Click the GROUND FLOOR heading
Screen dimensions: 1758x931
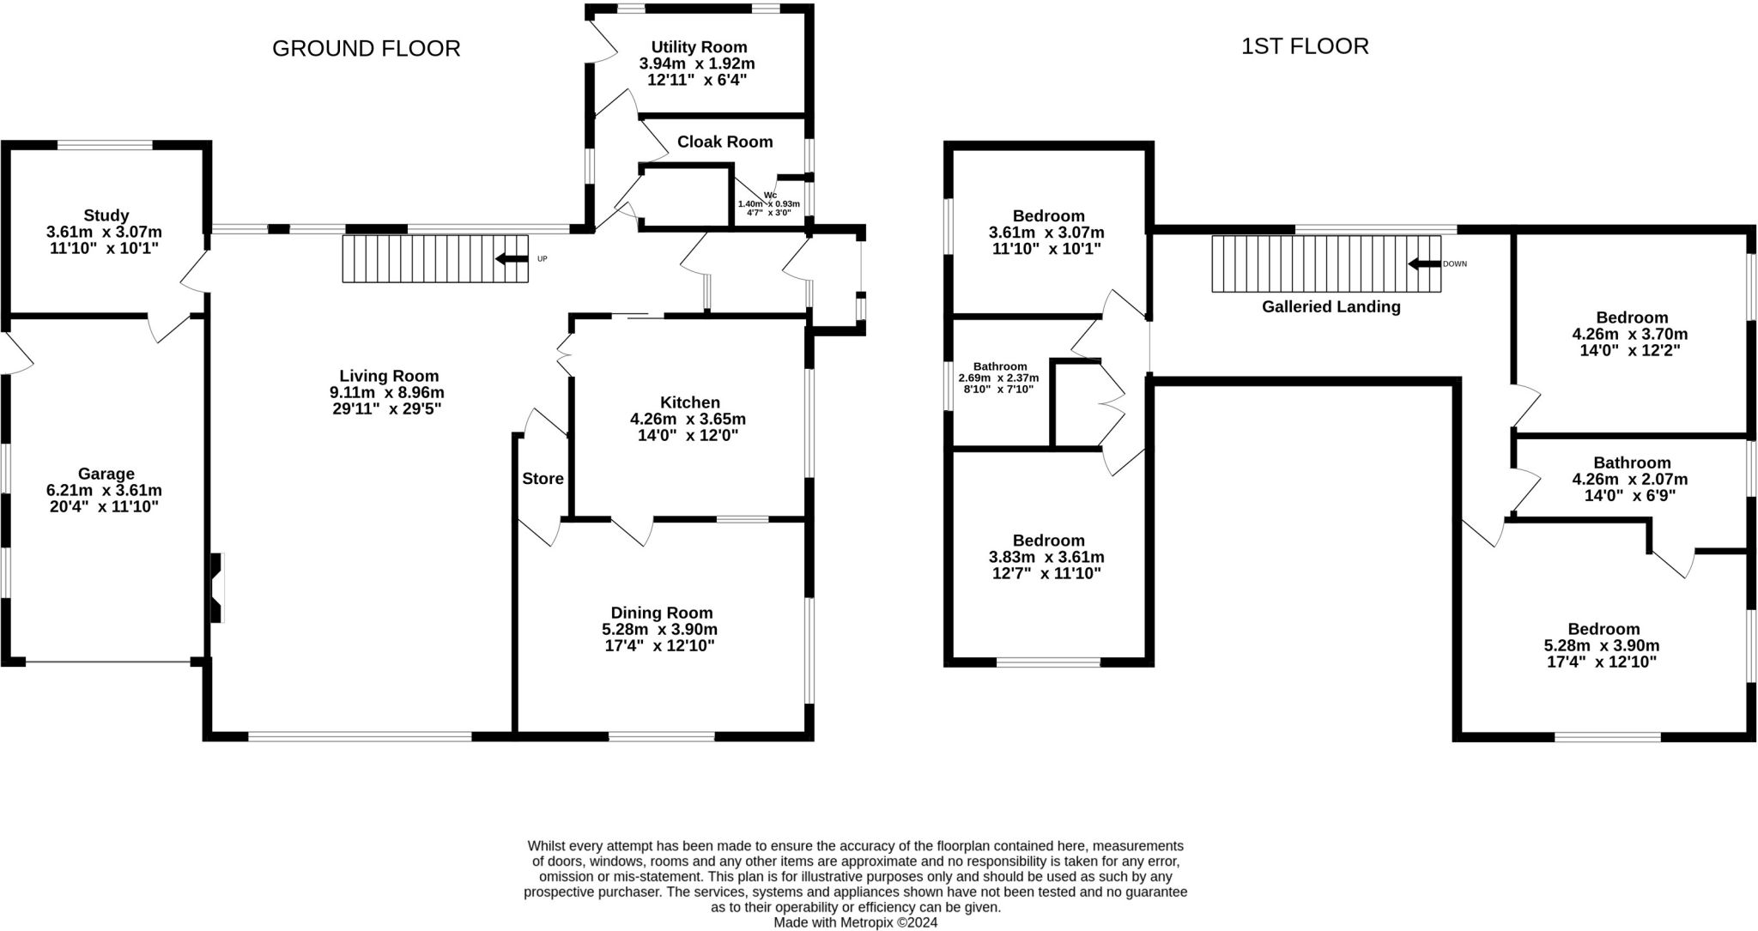(367, 49)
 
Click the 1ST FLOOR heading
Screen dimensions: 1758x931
(1305, 46)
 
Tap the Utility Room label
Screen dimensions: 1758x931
(699, 47)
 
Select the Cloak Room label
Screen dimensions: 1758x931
(724, 142)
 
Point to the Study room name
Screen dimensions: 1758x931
(106, 215)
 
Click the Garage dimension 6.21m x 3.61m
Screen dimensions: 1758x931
(104, 490)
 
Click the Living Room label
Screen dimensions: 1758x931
(389, 376)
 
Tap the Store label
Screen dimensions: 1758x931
(543, 479)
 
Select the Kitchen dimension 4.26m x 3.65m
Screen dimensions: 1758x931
(688, 419)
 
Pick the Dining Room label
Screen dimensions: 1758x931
(661, 613)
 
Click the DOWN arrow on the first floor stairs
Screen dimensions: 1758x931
(1424, 263)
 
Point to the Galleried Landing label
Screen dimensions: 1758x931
(1331, 306)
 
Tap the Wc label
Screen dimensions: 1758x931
(770, 195)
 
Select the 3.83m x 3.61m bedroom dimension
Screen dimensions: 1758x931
(1046, 557)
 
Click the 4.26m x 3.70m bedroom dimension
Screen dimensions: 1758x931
(1630, 334)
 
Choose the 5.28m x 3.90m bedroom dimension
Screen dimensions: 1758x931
(1602, 645)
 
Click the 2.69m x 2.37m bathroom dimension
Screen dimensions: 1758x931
(998, 378)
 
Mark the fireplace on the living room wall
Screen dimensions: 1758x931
(216, 588)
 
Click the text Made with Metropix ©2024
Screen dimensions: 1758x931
(855, 922)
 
